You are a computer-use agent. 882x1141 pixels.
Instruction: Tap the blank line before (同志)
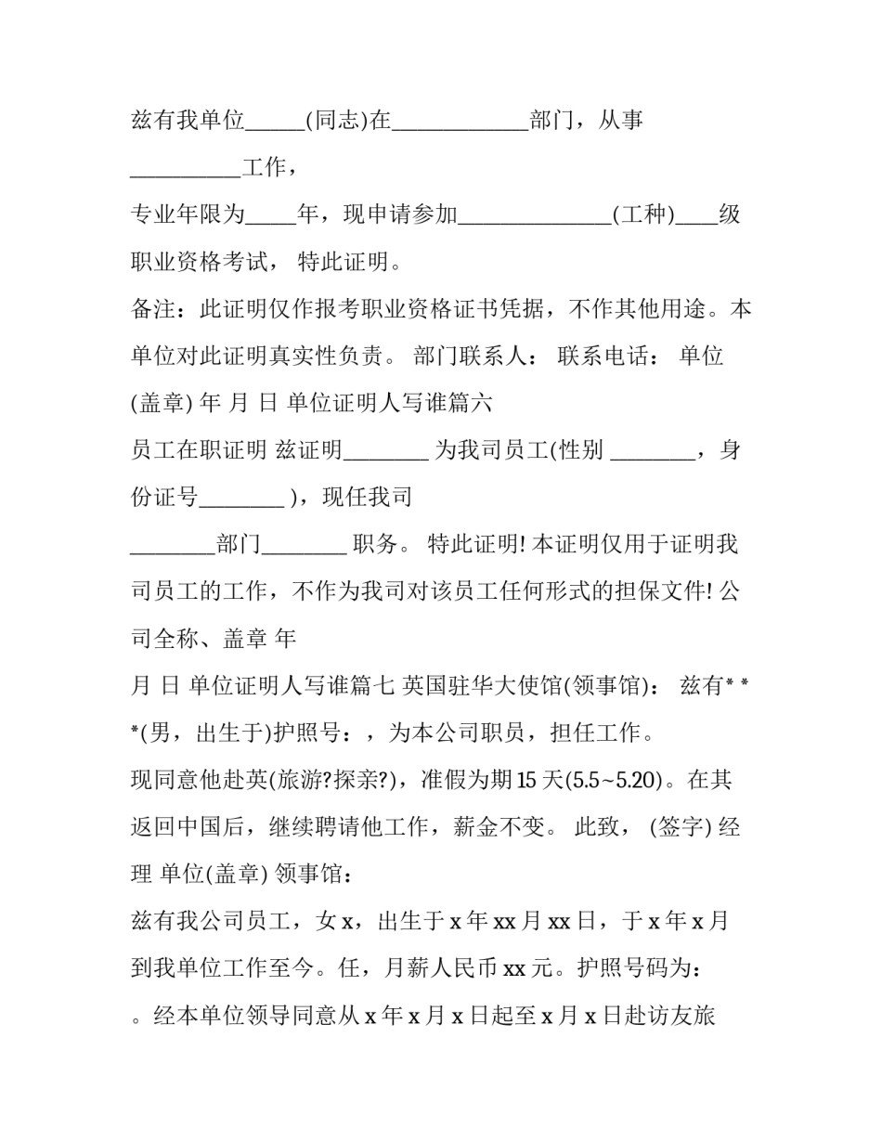coord(276,126)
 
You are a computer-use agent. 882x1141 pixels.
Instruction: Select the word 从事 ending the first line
coord(621,121)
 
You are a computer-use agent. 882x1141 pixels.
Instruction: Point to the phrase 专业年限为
coord(188,214)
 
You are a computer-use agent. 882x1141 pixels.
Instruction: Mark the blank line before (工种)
coord(536,221)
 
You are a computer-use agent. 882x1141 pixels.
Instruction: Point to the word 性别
coord(581,450)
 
